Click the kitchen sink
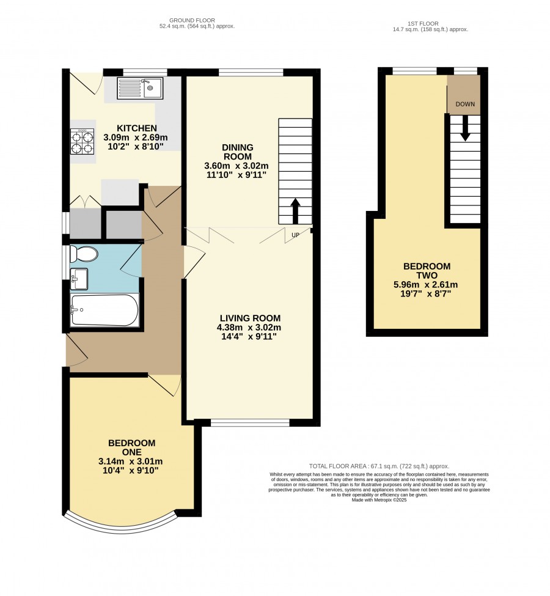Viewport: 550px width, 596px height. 140,88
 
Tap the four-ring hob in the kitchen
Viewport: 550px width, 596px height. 82,141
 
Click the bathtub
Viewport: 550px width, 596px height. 105,310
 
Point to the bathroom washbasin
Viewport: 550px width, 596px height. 79,279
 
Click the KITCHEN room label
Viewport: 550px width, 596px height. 136,128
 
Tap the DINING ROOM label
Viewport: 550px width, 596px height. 238,152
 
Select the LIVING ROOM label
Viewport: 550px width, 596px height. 250,318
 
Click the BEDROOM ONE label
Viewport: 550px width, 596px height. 131,447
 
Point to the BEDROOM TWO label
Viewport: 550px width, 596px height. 427,271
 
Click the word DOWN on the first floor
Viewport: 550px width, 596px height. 465,104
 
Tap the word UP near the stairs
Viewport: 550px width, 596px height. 295,235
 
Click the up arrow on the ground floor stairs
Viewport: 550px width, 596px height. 295,211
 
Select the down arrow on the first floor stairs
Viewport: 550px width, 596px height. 465,128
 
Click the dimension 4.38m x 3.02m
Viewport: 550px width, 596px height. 249,327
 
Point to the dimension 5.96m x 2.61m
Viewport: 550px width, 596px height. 427,285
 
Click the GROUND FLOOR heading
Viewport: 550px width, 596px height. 192,21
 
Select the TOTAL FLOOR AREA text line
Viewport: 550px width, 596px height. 379,466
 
